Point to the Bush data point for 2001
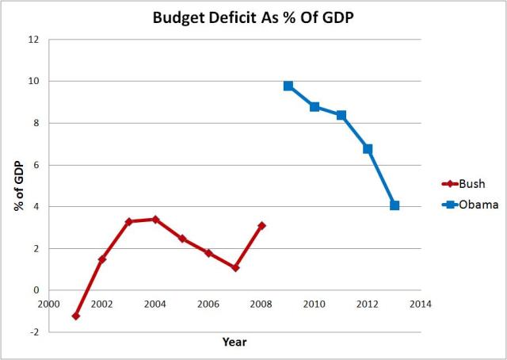coord(76,316)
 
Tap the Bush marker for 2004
coord(155,220)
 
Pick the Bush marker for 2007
coord(235,268)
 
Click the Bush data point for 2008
coord(261,226)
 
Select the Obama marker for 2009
coord(288,86)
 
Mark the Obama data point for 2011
coord(341,115)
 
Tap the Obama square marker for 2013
coord(395,205)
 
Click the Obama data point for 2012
coord(368,148)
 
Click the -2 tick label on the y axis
coord(34,333)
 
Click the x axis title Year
coord(234,343)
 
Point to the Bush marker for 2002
coord(102,259)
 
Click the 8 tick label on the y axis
coord(36,123)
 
